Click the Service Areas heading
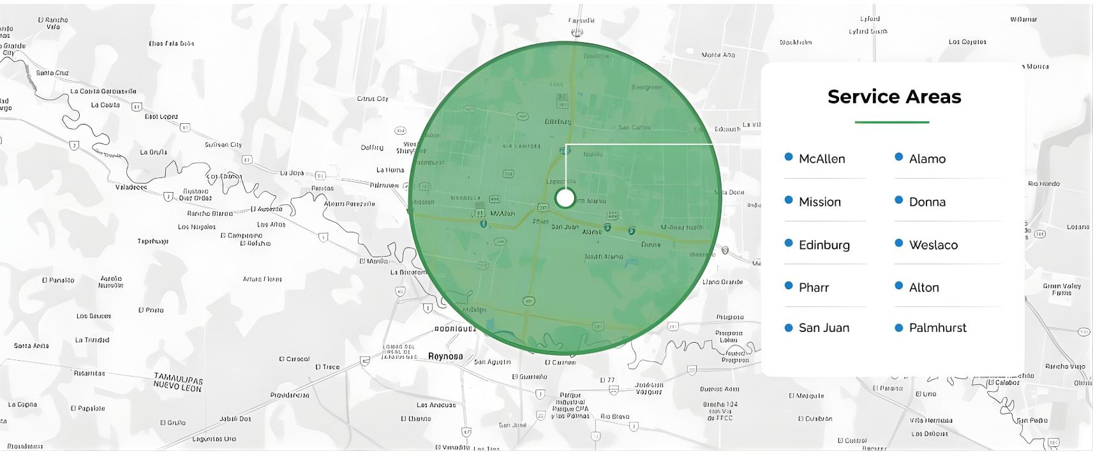click(x=894, y=97)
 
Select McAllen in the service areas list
click(x=822, y=159)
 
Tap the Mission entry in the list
click(x=820, y=202)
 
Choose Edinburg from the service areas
click(x=824, y=245)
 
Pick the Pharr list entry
click(x=814, y=288)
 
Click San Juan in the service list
click(x=824, y=328)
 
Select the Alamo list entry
click(x=927, y=159)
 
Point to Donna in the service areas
click(x=927, y=202)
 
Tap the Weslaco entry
click(x=933, y=245)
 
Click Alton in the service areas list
click(x=924, y=288)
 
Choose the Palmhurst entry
click(x=937, y=328)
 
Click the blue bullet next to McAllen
click(x=789, y=157)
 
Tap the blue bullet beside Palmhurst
click(x=899, y=328)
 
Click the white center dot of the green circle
click(x=565, y=199)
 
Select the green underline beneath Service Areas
click(x=891, y=122)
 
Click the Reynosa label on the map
click(x=445, y=356)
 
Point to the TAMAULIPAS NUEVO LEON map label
click(x=178, y=383)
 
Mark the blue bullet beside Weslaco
click(x=899, y=243)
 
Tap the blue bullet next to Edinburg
click(x=789, y=243)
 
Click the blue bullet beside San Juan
click(x=789, y=328)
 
